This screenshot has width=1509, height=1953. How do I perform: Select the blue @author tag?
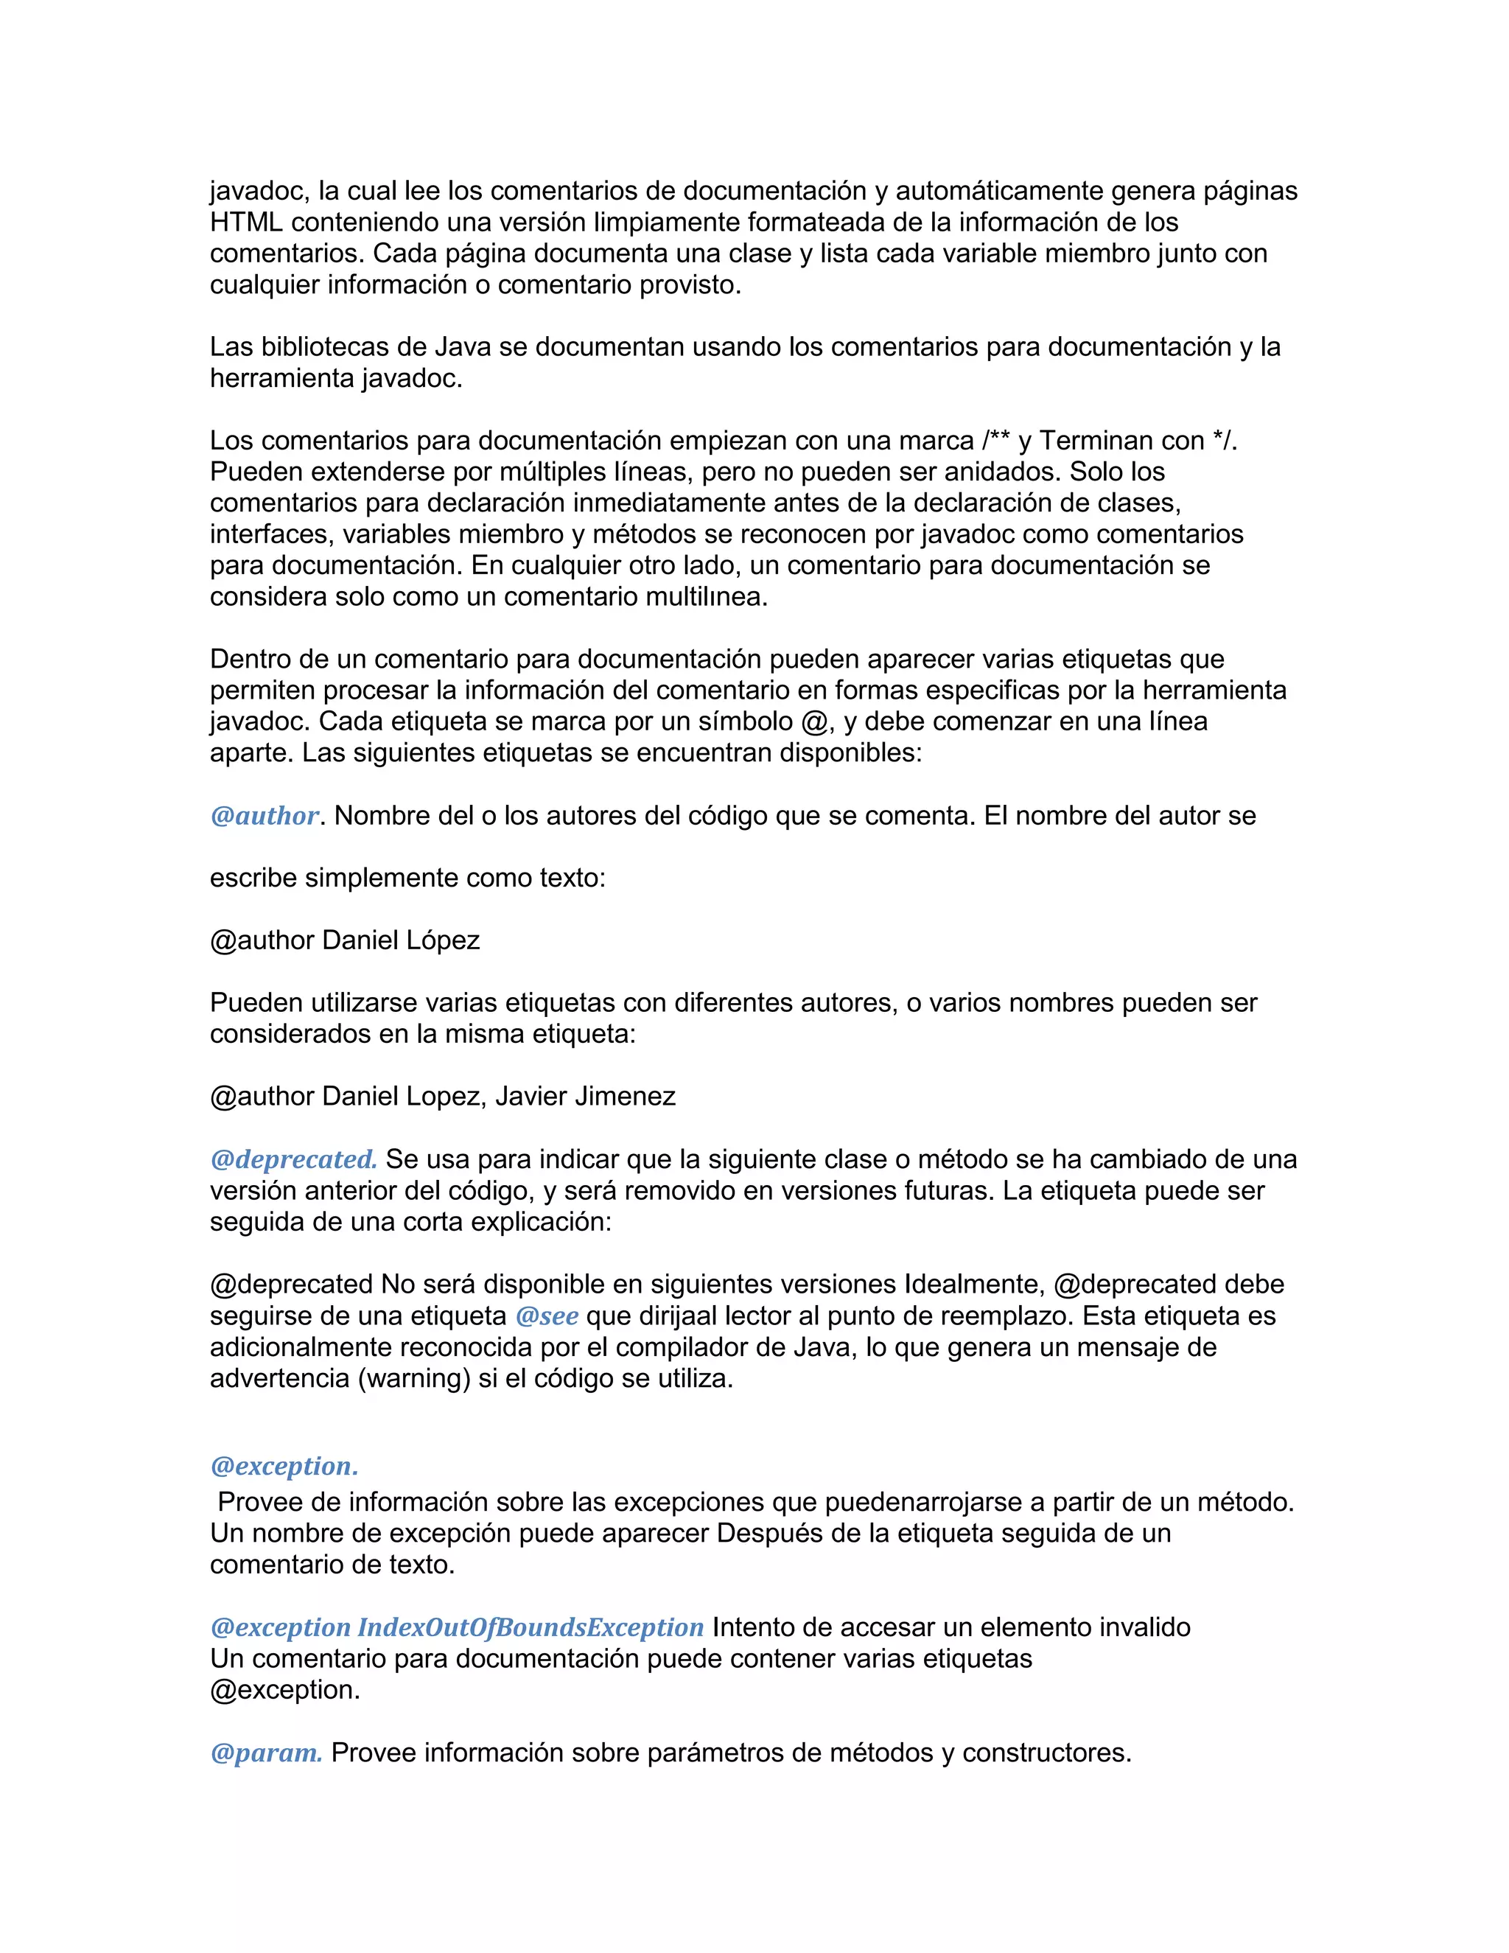pos(264,816)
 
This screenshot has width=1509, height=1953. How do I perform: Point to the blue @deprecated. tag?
pos(293,1160)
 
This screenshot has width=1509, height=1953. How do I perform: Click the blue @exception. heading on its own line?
pos(284,1467)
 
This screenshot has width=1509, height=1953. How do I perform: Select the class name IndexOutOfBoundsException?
pos(530,1627)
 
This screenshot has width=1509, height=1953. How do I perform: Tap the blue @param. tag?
pos(265,1753)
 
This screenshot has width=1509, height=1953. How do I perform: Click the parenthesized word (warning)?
pos(414,1379)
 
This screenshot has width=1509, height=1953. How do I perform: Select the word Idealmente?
pos(973,1285)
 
